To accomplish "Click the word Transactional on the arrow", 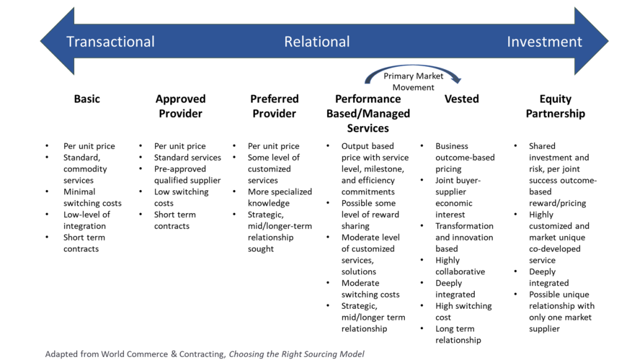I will click(110, 42).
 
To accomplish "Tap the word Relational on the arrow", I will click(317, 42).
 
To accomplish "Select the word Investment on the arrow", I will click(544, 42).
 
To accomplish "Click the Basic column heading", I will click(86, 99).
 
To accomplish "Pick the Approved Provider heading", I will click(180, 106).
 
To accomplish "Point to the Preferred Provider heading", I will click(274, 106).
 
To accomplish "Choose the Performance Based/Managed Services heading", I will click(368, 114).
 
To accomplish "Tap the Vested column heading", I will click(461, 99).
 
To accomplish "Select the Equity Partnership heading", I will click(555, 106).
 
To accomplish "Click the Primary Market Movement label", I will click(413, 82).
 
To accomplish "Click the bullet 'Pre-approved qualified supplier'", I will click(187, 175).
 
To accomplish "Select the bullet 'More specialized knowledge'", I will click(280, 198).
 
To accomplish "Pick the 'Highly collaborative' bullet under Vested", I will click(460, 266).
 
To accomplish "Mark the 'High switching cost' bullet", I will click(463, 312).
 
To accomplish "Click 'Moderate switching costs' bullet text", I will click(370, 289).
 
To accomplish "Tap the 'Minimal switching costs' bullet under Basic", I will click(92, 198).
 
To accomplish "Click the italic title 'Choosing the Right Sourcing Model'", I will click(296, 354).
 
